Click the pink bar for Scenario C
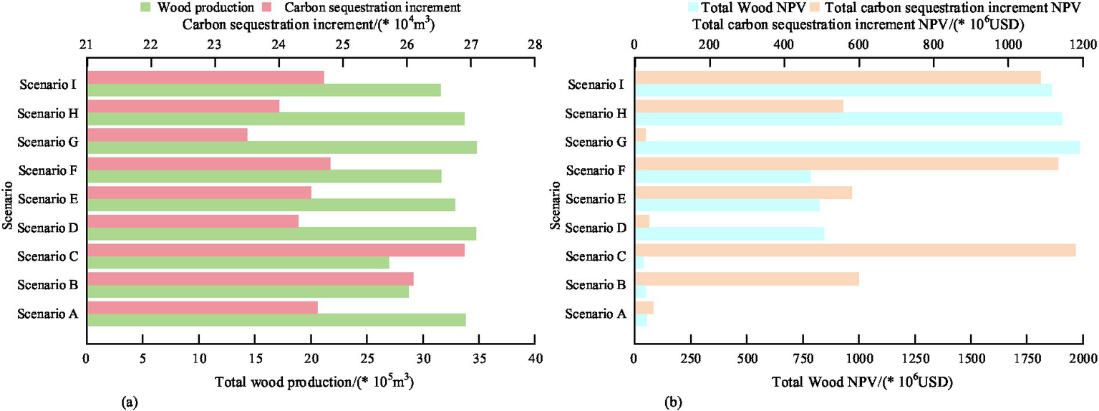pyautogui.click(x=276, y=250)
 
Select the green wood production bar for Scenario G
pyautogui.click(x=281, y=148)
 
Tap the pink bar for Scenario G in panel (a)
pyautogui.click(x=167, y=135)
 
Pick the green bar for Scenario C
pyautogui.click(x=238, y=263)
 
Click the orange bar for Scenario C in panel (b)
pyautogui.click(x=855, y=250)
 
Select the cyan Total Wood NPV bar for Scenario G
pyautogui.click(x=857, y=148)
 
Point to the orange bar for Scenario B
pyautogui.click(x=747, y=279)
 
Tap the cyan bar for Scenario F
pyautogui.click(x=722, y=176)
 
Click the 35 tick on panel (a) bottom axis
pyautogui.click(x=479, y=357)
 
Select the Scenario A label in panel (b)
pyautogui.click(x=596, y=314)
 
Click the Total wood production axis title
pyautogui.click(x=314, y=382)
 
